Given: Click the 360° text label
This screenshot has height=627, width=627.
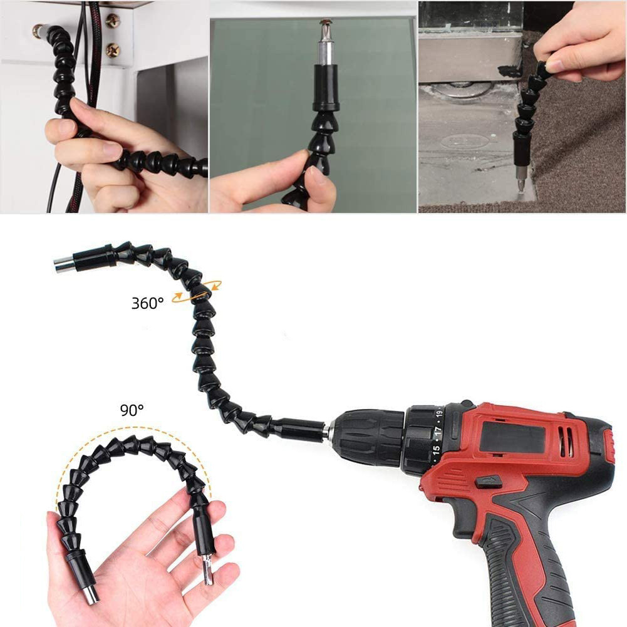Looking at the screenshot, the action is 148,303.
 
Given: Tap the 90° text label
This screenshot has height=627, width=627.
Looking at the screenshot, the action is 132,410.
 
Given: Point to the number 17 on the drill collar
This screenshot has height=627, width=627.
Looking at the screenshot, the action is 438,431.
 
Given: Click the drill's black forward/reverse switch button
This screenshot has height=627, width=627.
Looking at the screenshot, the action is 489,482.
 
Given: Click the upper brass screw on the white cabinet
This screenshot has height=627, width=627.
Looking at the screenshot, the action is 113,21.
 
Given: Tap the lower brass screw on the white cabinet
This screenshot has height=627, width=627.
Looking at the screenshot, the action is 113,50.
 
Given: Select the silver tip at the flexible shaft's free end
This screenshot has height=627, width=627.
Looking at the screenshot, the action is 63,265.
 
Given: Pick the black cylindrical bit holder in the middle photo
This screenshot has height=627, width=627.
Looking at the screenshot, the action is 326,89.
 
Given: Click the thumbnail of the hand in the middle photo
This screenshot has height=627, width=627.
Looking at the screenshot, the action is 319,175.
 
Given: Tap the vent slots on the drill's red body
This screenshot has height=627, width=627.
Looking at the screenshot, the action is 565,442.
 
